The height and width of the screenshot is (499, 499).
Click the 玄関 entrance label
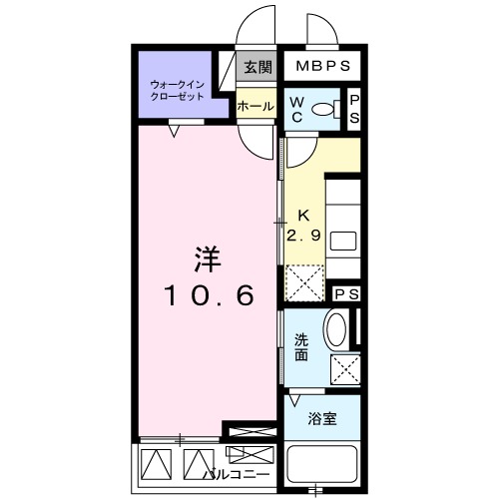tap(257, 68)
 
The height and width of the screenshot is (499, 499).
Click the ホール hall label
tap(255, 105)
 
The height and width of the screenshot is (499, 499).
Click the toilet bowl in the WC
tap(324, 109)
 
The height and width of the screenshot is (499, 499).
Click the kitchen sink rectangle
tap(342, 240)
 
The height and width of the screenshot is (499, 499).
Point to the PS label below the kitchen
tap(346, 294)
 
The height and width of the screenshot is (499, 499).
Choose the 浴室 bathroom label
tap(321, 419)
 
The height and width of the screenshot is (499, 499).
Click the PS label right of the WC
tap(353, 109)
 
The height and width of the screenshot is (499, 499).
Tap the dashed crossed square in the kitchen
tap(305, 281)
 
